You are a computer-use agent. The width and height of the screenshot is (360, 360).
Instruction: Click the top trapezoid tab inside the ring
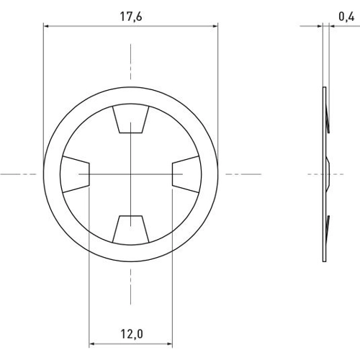click(130, 120)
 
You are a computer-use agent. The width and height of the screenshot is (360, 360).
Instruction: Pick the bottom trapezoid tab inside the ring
click(130, 228)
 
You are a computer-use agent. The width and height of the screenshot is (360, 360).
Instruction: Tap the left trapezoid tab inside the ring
click(75, 174)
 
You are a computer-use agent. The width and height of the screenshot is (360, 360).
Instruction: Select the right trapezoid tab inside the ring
click(186, 174)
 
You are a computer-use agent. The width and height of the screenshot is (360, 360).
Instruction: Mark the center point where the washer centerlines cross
click(130, 174)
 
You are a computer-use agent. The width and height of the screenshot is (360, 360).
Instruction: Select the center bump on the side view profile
click(328, 173)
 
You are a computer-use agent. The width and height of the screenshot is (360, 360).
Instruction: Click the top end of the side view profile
click(324, 89)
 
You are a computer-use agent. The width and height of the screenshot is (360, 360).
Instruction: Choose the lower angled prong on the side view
click(328, 225)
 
